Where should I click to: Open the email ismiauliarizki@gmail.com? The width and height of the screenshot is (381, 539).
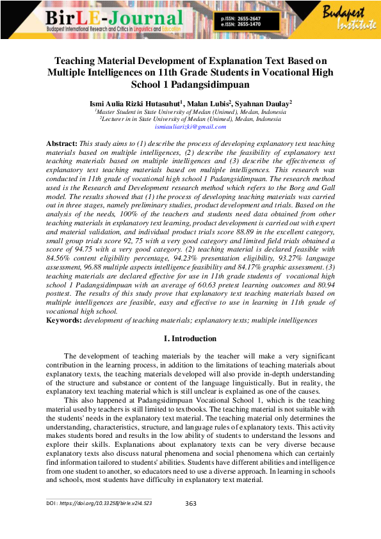191,127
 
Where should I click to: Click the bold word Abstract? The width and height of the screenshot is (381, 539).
61,145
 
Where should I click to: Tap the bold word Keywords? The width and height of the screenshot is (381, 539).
64,319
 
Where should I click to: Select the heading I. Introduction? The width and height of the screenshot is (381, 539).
191,339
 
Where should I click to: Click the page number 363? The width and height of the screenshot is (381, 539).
191,504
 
